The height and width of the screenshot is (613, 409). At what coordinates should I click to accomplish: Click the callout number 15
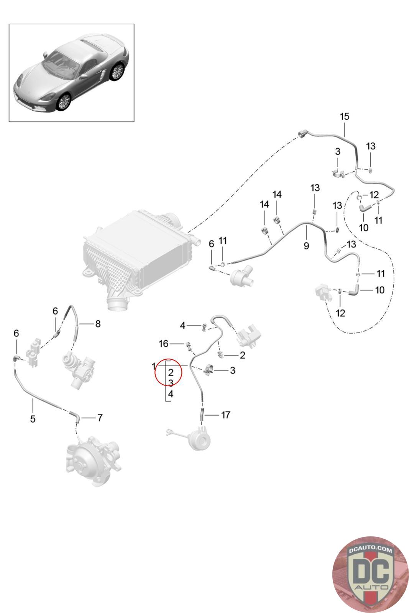[x=345, y=116]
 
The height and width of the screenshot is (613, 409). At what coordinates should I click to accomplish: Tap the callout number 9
[x=306, y=246]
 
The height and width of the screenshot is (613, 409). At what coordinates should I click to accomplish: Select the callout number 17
[x=225, y=415]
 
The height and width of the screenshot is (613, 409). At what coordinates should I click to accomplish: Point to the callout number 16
[x=164, y=344]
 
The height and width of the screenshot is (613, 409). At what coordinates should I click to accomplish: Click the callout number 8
[x=98, y=324]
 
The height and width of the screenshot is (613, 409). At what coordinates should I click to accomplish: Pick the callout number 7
[x=100, y=417]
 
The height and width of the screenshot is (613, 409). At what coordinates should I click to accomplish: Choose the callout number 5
[x=33, y=419]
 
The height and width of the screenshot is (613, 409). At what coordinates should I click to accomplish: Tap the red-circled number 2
[x=171, y=372]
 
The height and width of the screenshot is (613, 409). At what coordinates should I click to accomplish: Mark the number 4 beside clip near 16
[x=183, y=326]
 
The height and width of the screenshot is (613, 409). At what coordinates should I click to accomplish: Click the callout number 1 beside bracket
[x=154, y=367]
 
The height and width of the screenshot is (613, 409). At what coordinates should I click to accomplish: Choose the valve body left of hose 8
[x=34, y=351]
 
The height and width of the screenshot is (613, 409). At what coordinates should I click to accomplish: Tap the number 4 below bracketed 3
[x=171, y=393]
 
